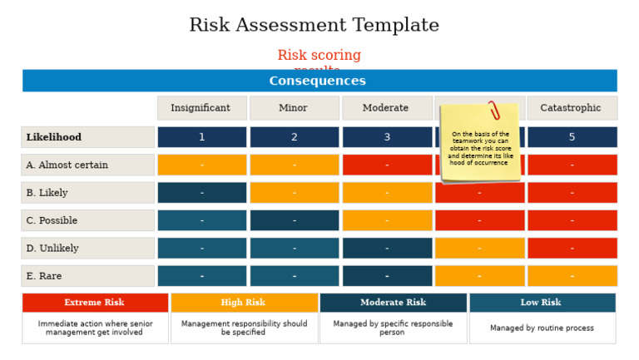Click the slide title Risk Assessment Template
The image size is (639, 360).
[314, 26]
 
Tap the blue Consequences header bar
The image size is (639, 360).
[319, 81]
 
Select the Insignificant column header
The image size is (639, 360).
[201, 108]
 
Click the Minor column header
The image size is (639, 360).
[294, 108]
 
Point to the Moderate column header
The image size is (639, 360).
[386, 108]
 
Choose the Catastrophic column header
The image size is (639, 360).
[572, 108]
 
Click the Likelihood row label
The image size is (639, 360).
[54, 137]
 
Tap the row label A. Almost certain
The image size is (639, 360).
[67, 165]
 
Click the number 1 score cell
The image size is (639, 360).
[201, 137]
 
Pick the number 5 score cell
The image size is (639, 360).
[572, 137]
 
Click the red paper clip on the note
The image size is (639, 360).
[494, 110]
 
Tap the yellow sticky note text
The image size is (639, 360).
[480, 149]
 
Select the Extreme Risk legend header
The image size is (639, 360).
[95, 303]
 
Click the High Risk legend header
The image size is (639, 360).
[244, 303]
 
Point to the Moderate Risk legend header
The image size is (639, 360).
[393, 303]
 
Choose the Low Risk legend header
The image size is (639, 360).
[542, 303]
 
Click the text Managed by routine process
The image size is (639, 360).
[542, 328]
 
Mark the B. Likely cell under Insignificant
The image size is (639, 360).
[201, 193]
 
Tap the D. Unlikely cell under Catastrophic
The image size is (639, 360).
[572, 248]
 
